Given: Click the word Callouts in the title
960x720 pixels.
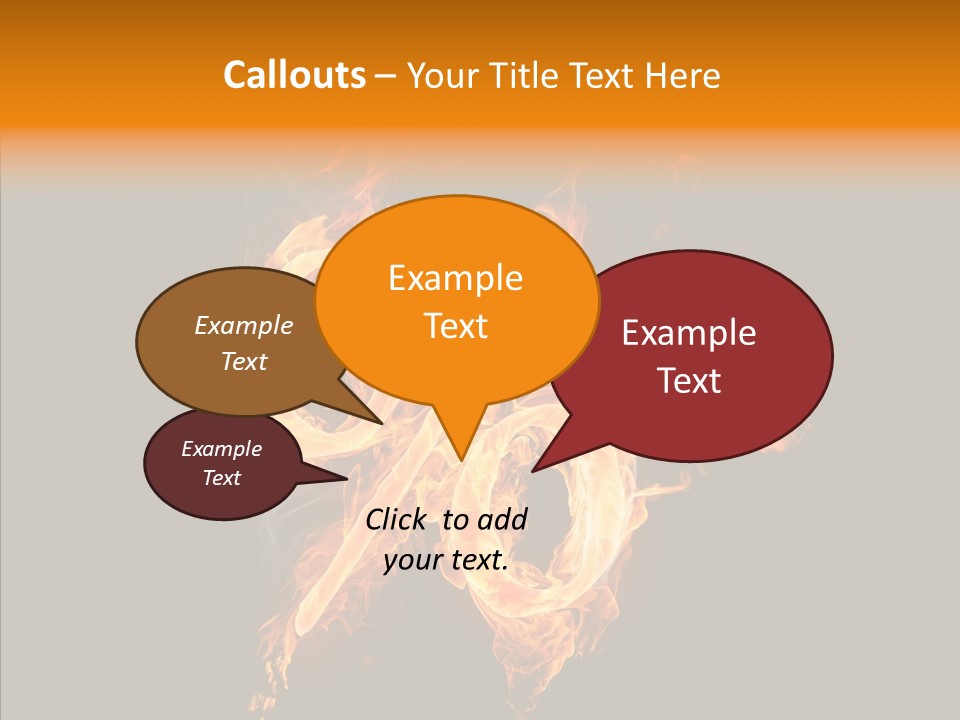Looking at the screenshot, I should pos(294,75).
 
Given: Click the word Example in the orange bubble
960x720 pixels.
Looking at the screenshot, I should pos(455,278).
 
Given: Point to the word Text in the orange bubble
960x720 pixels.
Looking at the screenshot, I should pos(455,326).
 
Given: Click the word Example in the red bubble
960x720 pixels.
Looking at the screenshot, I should pos(689,333).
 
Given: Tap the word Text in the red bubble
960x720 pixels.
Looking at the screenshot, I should pos(689,381).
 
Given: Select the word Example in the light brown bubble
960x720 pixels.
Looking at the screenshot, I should pos(244,325).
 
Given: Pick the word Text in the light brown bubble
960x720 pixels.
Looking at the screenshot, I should pos(244,361).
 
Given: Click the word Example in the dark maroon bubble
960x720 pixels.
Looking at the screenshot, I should pos(221,449).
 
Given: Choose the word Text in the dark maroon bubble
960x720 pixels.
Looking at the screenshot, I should pos(221,478).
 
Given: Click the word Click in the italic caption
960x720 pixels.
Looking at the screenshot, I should pos(398,519).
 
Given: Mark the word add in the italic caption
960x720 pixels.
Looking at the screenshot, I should pos(503,519).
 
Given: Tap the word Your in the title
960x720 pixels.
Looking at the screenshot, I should pos(441,75).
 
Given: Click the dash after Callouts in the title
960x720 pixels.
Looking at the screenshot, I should pos(386,75).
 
